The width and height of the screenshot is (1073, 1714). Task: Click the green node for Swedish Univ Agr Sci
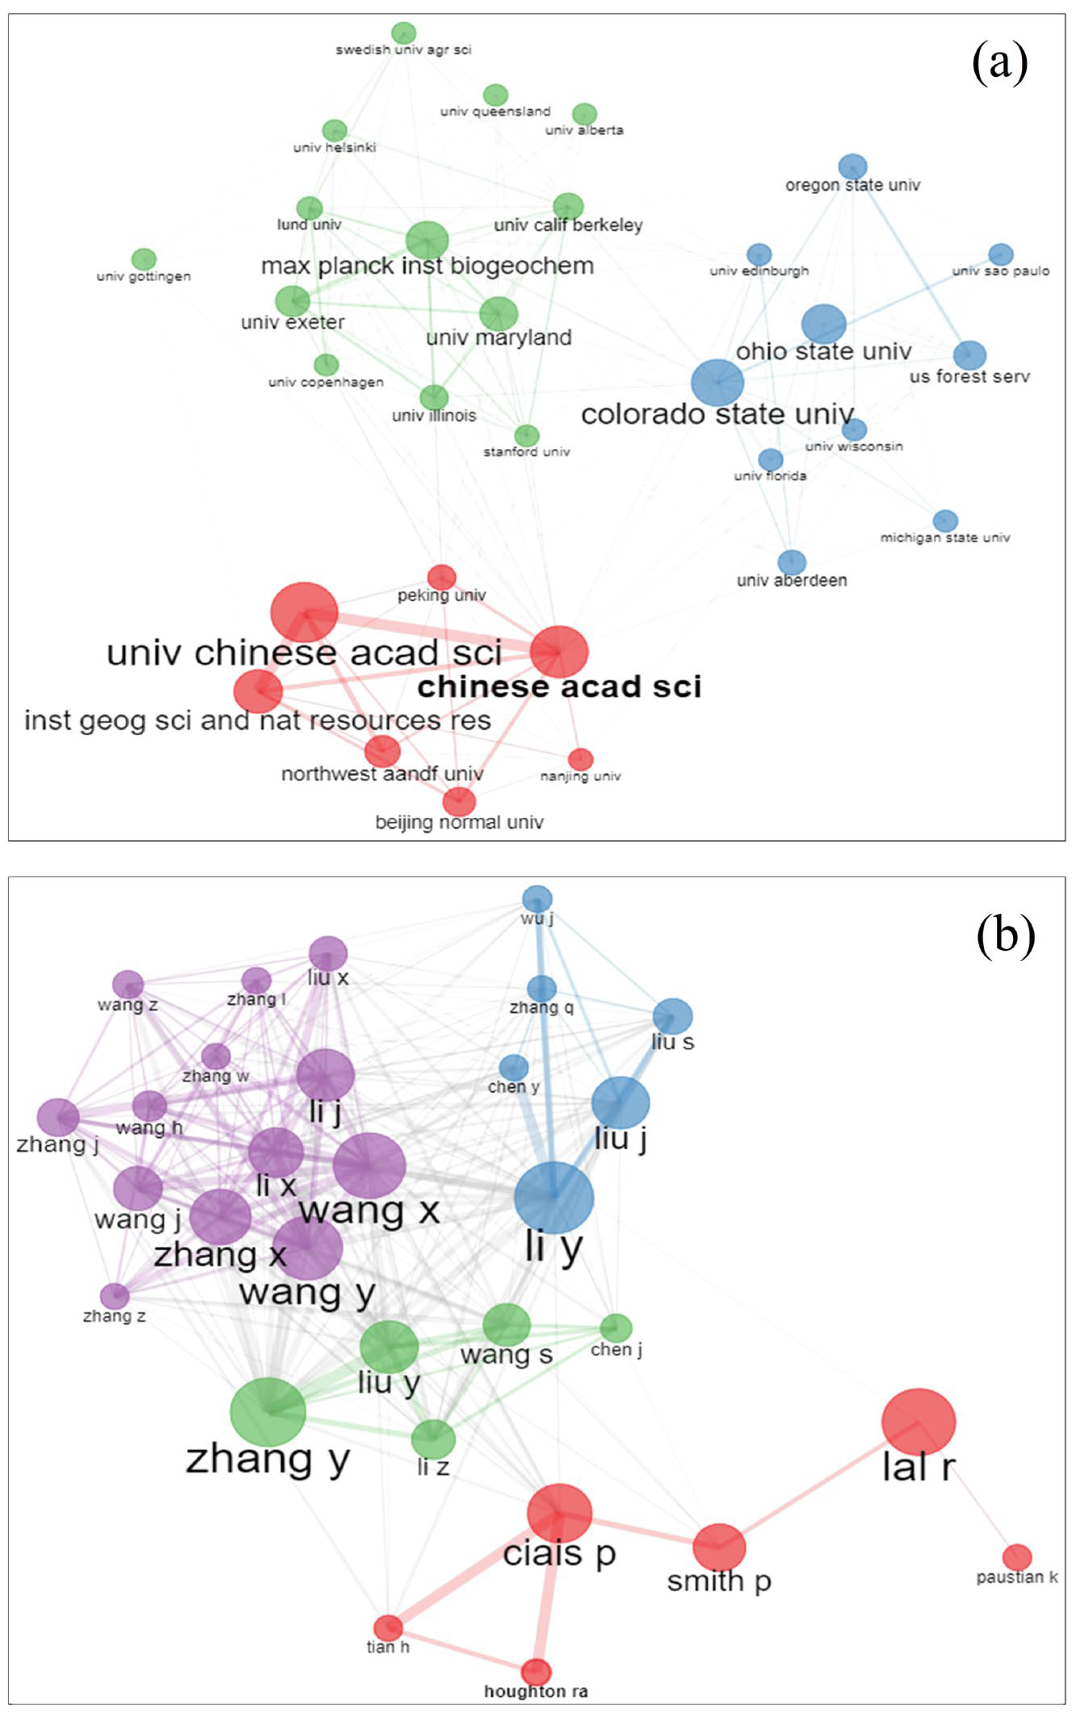coord(404,33)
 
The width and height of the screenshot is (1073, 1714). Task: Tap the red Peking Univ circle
coord(441,577)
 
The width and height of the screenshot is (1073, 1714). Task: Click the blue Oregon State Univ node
coord(852,167)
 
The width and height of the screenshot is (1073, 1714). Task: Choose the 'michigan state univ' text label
coord(945,538)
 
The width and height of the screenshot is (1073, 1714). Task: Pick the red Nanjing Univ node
coord(581,759)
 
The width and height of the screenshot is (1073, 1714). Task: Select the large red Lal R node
coord(918,1422)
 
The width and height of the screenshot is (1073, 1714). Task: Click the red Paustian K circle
coord(1017,1557)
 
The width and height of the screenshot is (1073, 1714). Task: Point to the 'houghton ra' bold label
coord(536,1691)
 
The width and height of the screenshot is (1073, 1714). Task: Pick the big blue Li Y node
coord(553,1197)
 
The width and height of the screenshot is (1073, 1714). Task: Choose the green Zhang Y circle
coord(268,1412)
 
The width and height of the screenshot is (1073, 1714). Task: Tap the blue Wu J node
coord(537,899)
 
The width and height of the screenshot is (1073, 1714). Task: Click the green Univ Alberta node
coord(584,113)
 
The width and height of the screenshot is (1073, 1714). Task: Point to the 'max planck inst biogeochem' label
coord(427,266)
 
